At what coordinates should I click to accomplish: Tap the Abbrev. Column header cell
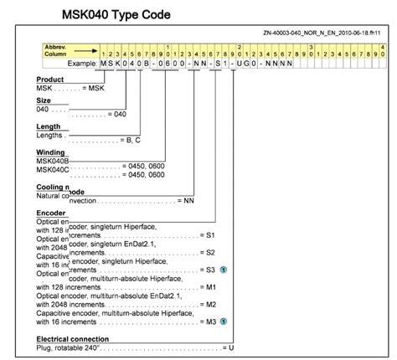click(58, 49)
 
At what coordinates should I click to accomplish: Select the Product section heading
click(50, 79)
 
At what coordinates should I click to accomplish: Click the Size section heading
click(44, 100)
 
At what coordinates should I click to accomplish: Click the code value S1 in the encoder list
click(211, 235)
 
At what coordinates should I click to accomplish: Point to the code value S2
click(211, 251)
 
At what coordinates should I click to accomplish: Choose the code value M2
click(211, 303)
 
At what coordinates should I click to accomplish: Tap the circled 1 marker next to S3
click(224, 270)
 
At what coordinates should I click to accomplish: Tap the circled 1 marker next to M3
click(224, 320)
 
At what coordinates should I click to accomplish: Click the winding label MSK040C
click(54, 169)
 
